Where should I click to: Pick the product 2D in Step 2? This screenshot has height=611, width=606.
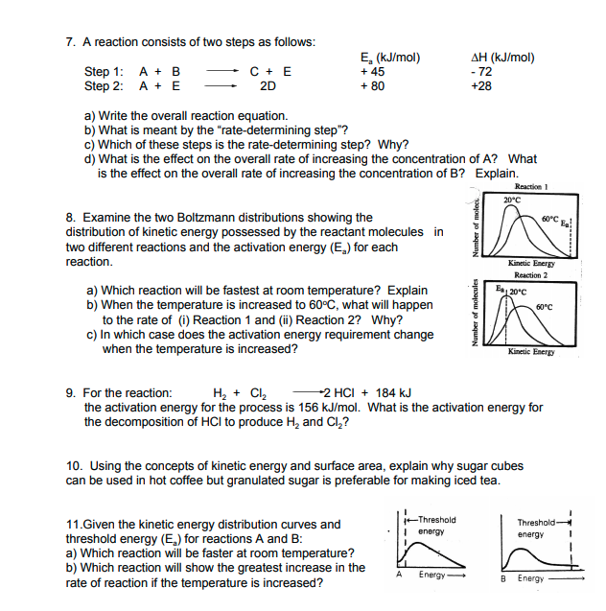(x=268, y=85)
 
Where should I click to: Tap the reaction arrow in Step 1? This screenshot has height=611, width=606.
(x=222, y=71)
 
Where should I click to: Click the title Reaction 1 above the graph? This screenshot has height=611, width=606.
(x=531, y=186)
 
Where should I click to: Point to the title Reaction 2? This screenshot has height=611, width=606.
(x=531, y=275)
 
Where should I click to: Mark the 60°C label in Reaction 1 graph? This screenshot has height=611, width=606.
(x=552, y=219)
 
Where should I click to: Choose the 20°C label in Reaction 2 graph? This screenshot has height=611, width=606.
(x=518, y=291)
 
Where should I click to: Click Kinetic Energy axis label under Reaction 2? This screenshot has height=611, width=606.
(x=531, y=352)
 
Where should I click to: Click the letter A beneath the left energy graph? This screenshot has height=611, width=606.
(x=398, y=575)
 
